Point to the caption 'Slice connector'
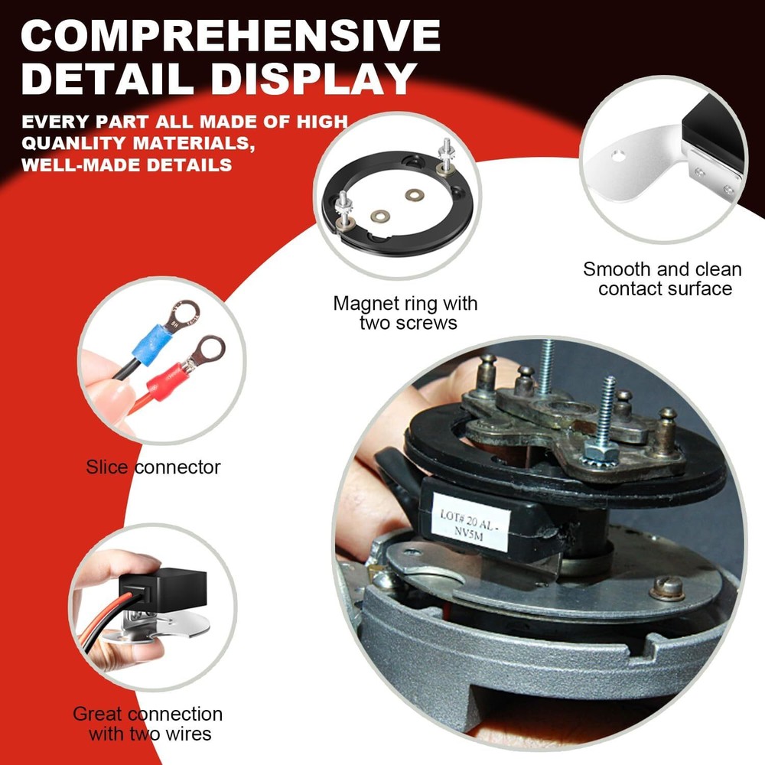[x=153, y=467]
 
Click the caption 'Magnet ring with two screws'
[x=405, y=313]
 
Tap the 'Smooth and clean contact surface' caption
[x=662, y=279]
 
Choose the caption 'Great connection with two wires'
[x=148, y=724]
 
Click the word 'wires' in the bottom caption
[x=188, y=734]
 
